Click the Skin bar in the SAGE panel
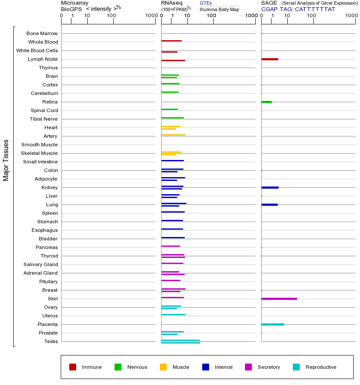(279, 299)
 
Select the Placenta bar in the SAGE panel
(272, 324)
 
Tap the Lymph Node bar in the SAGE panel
(269, 59)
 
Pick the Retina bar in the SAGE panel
(266, 102)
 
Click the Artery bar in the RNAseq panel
(173, 135)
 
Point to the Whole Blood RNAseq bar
(171, 41)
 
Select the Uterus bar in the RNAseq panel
(173, 314)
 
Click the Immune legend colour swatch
(73, 367)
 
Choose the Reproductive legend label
(321, 367)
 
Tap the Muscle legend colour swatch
(163, 367)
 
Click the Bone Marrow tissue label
(42, 33)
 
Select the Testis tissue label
(51, 341)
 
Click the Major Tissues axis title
(6, 160)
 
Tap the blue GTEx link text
(206, 3)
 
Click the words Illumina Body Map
(219, 9)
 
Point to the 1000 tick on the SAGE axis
(351, 16)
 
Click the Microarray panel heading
(75, 3)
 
